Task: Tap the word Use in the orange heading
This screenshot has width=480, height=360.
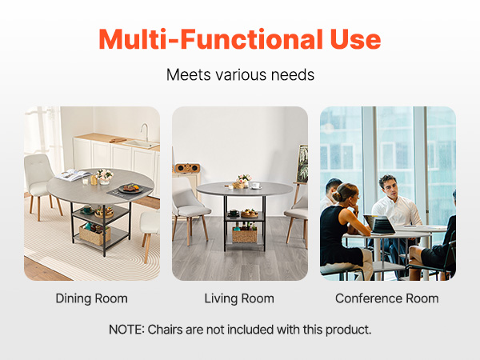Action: click(x=356, y=39)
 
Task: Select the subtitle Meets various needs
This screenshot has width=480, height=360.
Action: click(x=240, y=74)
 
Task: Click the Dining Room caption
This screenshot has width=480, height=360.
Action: click(x=91, y=298)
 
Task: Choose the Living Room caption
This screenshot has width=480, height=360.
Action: click(x=239, y=298)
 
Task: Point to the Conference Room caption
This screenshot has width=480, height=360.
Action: click(x=387, y=298)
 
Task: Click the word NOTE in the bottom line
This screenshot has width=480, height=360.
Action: click(x=126, y=330)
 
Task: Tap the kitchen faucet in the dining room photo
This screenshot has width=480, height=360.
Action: click(x=145, y=132)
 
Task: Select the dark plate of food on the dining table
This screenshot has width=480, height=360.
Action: click(x=131, y=188)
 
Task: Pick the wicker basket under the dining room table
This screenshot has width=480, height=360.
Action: click(x=94, y=234)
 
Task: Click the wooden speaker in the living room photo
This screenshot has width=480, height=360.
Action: click(x=188, y=168)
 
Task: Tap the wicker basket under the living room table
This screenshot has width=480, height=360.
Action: click(x=245, y=235)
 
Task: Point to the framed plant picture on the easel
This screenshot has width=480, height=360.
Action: click(x=302, y=164)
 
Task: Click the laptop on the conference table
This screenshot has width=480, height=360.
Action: click(x=379, y=224)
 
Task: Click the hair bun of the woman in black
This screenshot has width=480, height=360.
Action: click(x=338, y=196)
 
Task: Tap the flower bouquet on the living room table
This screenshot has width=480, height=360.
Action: click(x=244, y=178)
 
